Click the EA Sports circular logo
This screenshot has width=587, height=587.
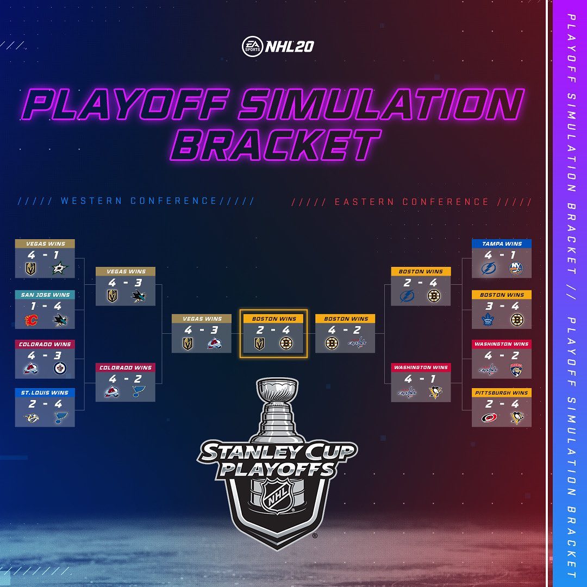click(x=252, y=46)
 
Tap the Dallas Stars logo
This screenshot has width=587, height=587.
click(x=60, y=268)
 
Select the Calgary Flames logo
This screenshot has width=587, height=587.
click(x=31, y=320)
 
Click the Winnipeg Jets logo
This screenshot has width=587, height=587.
click(x=60, y=369)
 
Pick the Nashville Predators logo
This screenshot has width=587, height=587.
click(x=32, y=417)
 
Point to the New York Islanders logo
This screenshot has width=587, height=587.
click(x=516, y=268)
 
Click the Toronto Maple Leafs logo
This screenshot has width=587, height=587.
click(x=488, y=320)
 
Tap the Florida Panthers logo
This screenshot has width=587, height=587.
click(x=516, y=370)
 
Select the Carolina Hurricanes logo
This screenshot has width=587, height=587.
click(x=489, y=417)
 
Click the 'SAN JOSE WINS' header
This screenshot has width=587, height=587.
click(x=45, y=295)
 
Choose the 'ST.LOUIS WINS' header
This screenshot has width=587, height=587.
click(x=45, y=392)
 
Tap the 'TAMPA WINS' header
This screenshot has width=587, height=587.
click(x=502, y=243)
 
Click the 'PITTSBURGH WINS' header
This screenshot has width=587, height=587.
click(x=502, y=392)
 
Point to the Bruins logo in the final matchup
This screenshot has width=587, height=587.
click(x=286, y=344)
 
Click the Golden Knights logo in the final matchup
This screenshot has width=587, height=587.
click(x=259, y=344)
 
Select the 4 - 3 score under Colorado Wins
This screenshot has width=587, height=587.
click(x=45, y=355)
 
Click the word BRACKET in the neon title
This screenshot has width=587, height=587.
click(x=275, y=145)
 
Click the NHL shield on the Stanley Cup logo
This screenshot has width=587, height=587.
click(x=277, y=497)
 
